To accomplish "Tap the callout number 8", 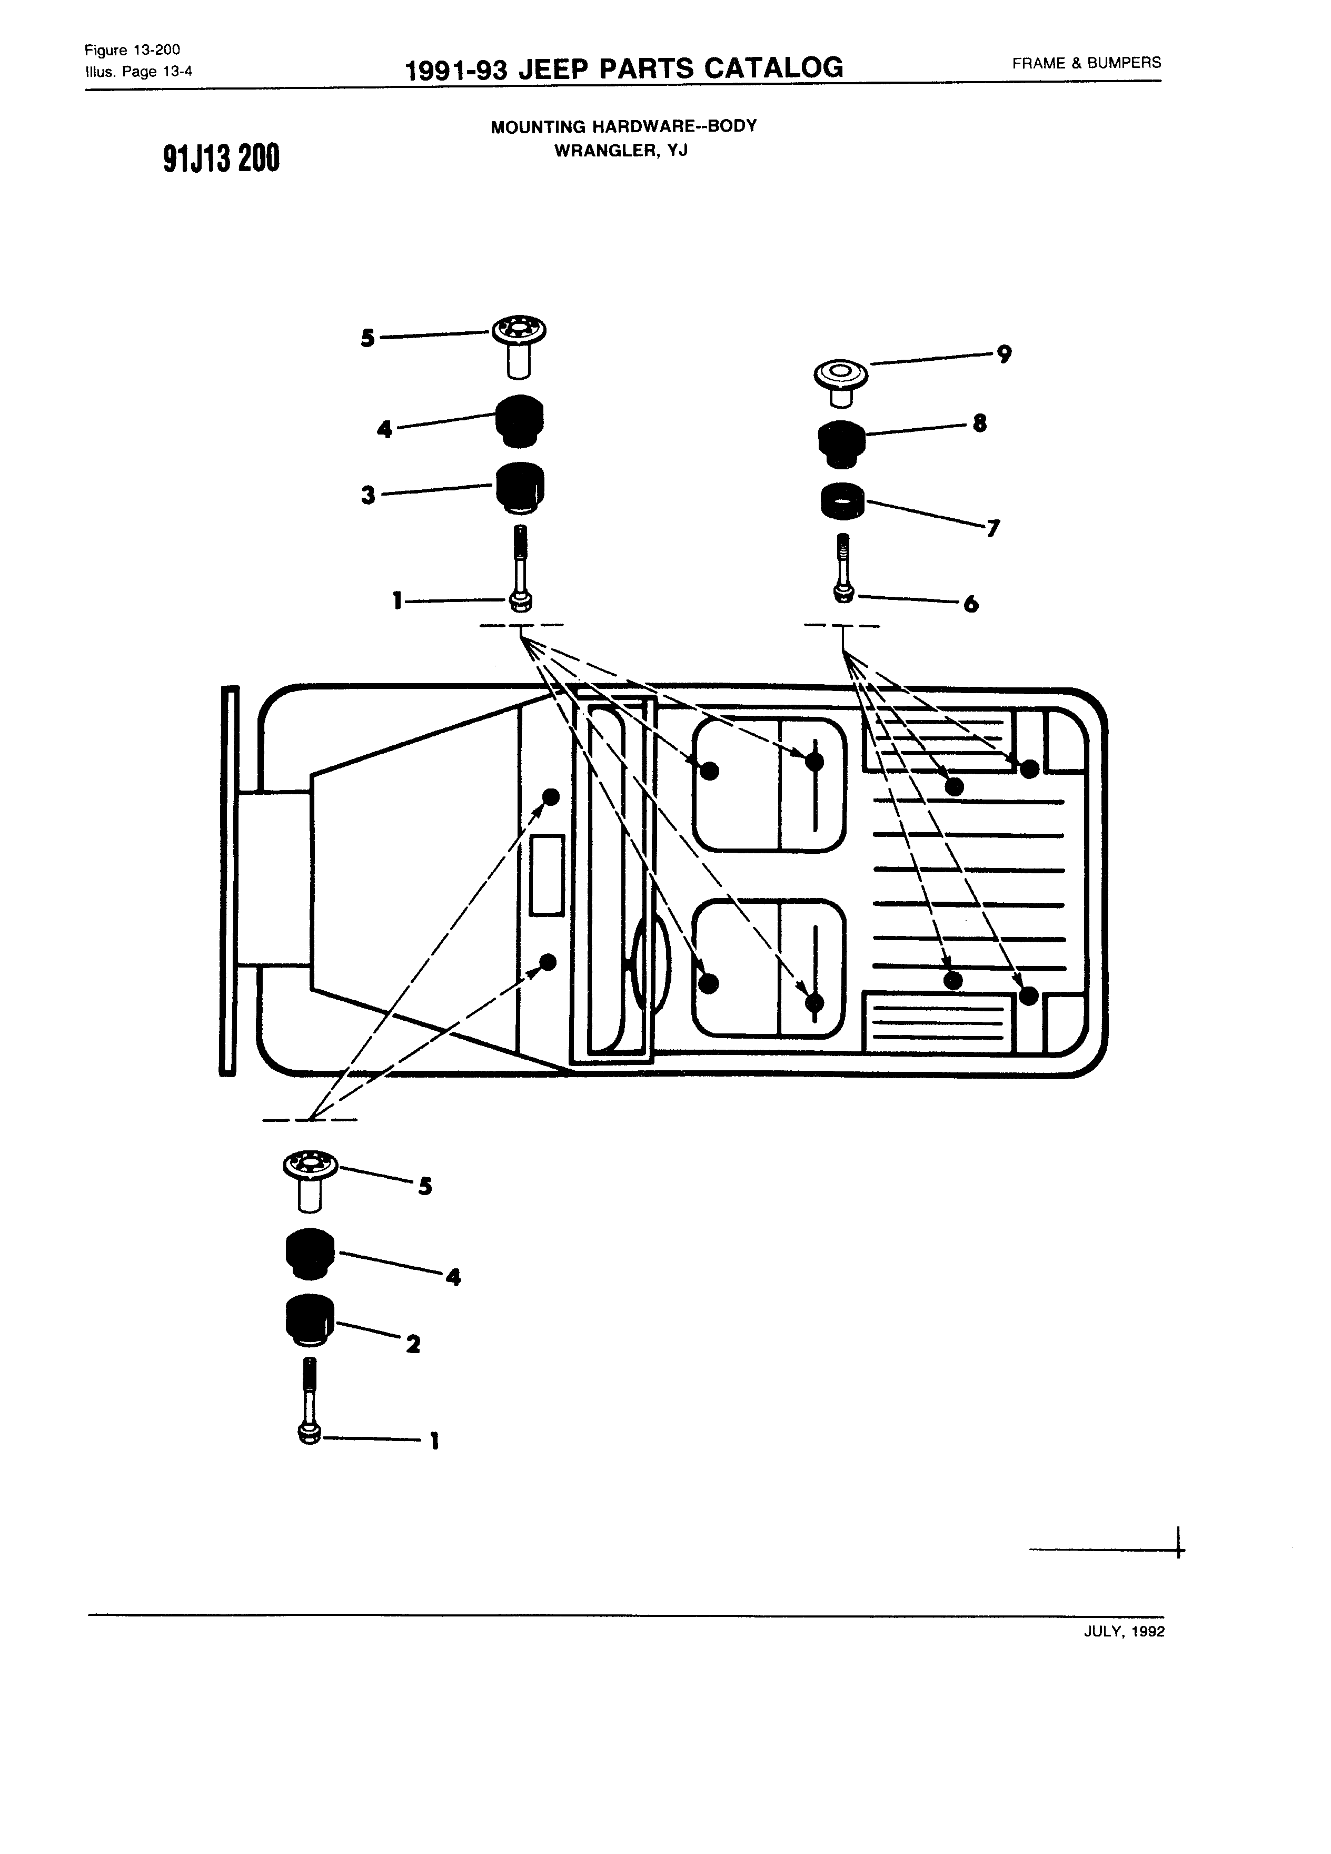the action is pyautogui.click(x=980, y=423).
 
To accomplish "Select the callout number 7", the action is pyautogui.click(x=994, y=529).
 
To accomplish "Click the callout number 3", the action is pyautogui.click(x=369, y=496).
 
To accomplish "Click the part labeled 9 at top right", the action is pyautogui.click(x=841, y=382).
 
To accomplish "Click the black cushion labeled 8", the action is pyautogui.click(x=841, y=444).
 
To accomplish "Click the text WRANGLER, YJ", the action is pyautogui.click(x=621, y=151).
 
